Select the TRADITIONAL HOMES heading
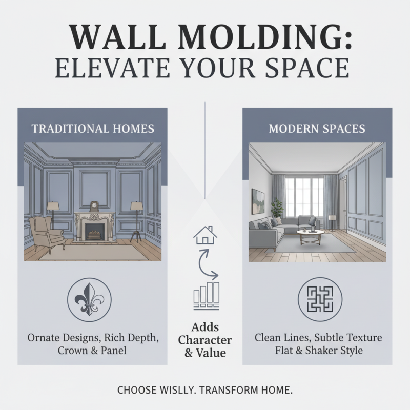coord(93,128)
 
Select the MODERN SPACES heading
coord(317,128)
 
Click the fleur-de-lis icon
coord(89,299)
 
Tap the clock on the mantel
coord(94,207)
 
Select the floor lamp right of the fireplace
coord(136,220)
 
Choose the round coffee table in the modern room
coord(311,235)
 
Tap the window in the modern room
coord(304,197)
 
